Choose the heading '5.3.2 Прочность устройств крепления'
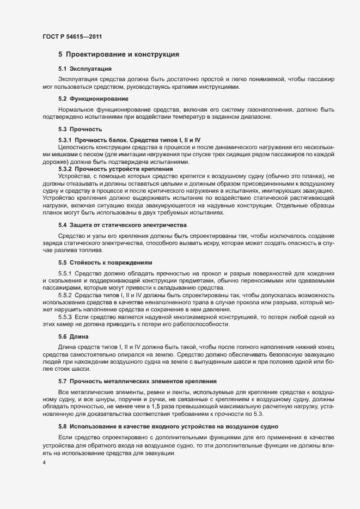115,170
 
